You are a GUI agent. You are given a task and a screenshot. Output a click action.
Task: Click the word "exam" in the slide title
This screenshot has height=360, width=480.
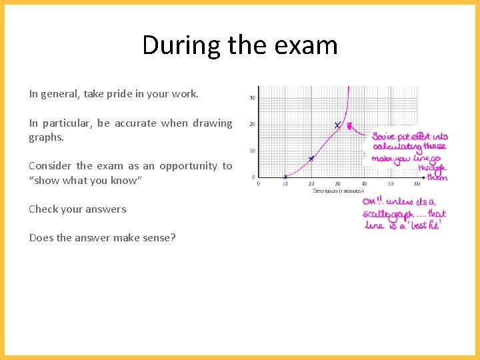pyautogui.click(x=309, y=45)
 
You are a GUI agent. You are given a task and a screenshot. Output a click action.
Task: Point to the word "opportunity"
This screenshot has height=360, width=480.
pyautogui.click(x=189, y=166)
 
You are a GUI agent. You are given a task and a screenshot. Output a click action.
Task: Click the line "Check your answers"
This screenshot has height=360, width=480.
pyautogui.click(x=77, y=209)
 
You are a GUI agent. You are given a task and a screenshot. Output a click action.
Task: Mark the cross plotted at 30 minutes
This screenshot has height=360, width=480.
pyautogui.click(x=337, y=125)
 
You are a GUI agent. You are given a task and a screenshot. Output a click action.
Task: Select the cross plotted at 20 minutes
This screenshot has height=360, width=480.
pyautogui.click(x=311, y=158)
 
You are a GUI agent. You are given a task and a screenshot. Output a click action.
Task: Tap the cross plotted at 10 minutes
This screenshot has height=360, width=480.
pyautogui.click(x=285, y=177)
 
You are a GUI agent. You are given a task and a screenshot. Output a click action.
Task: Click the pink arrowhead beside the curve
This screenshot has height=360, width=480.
pyautogui.click(x=349, y=125)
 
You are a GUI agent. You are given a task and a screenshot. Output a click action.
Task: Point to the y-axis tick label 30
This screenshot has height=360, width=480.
pyautogui.click(x=252, y=98)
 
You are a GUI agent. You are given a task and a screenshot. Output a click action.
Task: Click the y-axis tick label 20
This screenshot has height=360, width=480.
pyautogui.click(x=252, y=125)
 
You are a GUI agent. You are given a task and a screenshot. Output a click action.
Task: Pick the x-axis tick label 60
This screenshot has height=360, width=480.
pyautogui.click(x=417, y=183)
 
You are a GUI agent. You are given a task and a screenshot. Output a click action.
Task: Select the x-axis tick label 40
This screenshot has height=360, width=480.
pyautogui.click(x=364, y=183)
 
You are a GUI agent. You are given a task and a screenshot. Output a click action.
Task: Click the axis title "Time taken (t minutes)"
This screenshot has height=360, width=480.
pyautogui.click(x=338, y=191)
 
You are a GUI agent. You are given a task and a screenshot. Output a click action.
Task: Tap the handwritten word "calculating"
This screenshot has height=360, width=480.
pyautogui.click(x=397, y=147)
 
